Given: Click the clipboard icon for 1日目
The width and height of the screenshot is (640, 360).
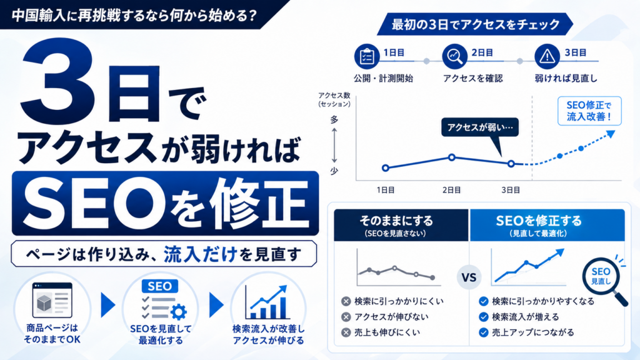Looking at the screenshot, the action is click(x=366, y=57).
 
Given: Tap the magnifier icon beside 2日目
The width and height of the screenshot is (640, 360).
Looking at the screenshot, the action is click(x=454, y=56).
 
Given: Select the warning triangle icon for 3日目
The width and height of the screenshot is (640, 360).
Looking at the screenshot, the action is click(x=547, y=56).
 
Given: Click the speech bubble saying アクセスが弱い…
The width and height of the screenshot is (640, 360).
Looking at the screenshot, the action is click(x=480, y=130).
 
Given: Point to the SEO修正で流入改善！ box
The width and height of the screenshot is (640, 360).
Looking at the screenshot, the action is click(x=589, y=111).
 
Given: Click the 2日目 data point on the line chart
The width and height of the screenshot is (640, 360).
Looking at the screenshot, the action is click(x=451, y=157).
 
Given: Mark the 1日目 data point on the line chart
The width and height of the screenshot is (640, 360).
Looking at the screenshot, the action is click(x=385, y=167).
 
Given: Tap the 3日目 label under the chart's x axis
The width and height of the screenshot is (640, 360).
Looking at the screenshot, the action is click(x=511, y=190).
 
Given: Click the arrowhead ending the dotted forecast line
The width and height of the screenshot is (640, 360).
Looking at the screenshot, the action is click(x=611, y=134).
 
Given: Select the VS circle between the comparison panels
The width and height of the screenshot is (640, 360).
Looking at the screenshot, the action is click(x=469, y=277).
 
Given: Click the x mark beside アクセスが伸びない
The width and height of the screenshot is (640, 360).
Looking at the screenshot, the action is click(x=346, y=317).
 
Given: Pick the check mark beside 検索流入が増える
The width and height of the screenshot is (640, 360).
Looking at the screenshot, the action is click(x=484, y=317).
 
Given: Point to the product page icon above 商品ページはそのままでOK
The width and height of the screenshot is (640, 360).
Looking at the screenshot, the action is click(x=52, y=301).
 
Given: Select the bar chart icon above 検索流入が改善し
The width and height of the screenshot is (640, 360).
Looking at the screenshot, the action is click(x=267, y=302).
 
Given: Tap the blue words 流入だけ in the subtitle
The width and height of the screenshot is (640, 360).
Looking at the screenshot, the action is click(x=201, y=254).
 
